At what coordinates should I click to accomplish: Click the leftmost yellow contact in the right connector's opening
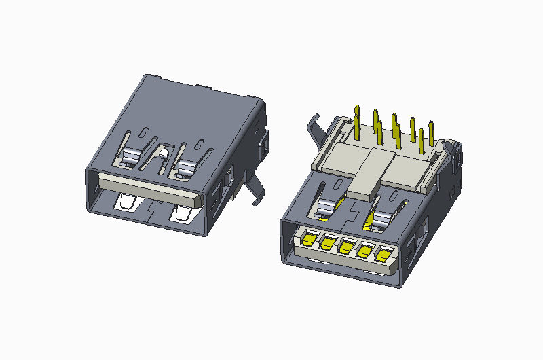pyautogui.click(x=310, y=238)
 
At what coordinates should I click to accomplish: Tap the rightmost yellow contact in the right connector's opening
pyautogui.click(x=383, y=256)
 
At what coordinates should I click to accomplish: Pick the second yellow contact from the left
pyautogui.click(x=329, y=242)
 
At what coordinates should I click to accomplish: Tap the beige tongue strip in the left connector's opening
pyautogui.click(x=149, y=187)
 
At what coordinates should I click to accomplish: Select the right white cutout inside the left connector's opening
pyautogui.click(x=183, y=214)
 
